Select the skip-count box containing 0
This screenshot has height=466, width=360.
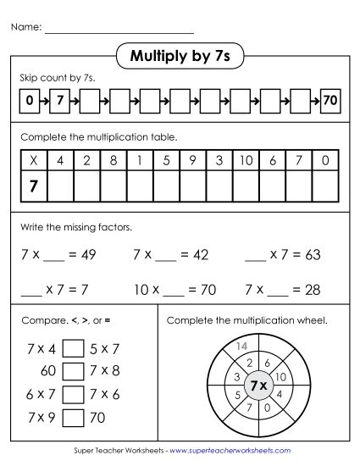(30, 101)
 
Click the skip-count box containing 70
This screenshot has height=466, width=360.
(330, 101)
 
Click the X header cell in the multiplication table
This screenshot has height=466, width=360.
(33, 159)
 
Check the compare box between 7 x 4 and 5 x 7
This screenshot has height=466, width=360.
(74, 348)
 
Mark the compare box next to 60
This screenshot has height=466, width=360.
(74, 371)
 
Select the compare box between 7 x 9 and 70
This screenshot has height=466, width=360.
(74, 417)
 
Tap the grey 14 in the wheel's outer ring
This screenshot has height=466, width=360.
(241, 347)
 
